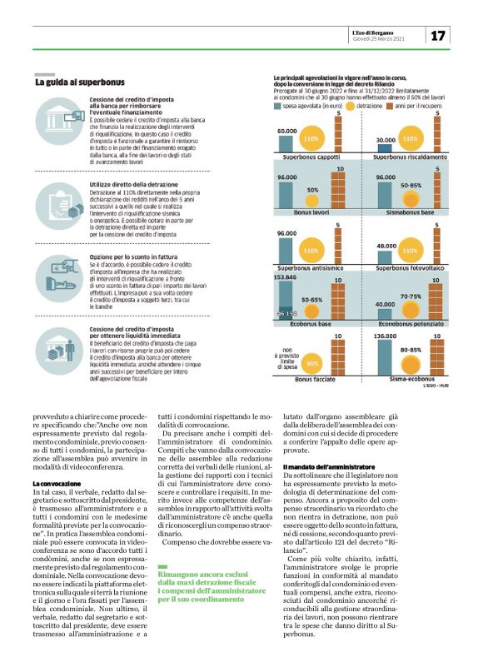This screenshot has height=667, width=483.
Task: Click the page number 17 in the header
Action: [440, 36]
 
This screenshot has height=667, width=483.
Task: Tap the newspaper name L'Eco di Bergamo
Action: [379, 32]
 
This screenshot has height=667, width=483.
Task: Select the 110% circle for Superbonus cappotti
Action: [311, 137]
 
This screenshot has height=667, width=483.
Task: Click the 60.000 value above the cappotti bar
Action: [286, 131]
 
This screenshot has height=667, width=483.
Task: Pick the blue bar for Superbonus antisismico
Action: [286, 250]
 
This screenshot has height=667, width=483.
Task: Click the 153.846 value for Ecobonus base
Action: [286, 276]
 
